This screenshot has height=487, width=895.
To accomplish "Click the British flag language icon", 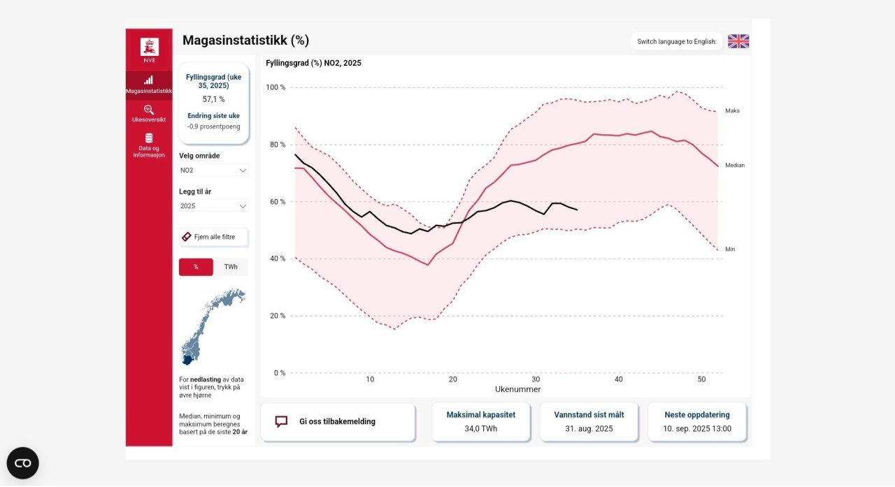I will (738, 41).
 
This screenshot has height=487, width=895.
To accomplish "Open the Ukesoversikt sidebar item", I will (148, 113).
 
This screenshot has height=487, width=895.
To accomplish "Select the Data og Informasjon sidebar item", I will (148, 145).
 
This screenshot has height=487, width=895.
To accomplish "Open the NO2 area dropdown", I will (213, 170).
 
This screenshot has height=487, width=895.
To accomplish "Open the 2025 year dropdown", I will (213, 206).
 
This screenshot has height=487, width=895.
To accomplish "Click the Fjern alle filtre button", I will (213, 237).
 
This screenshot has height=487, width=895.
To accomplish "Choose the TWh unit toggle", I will (230, 267).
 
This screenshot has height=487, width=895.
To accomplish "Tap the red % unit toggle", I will (196, 267).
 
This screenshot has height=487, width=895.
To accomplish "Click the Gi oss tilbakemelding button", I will (337, 421).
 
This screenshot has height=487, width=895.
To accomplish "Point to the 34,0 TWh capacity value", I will (480, 428).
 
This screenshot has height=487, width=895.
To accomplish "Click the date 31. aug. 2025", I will (589, 428).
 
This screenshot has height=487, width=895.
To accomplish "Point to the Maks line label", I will (732, 110).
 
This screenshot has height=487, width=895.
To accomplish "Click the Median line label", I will (734, 166).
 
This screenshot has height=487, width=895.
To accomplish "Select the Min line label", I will (730, 249).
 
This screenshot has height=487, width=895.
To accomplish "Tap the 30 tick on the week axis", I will (536, 379).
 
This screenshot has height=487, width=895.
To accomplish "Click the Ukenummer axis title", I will (517, 389).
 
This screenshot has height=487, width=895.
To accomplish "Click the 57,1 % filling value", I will (213, 99).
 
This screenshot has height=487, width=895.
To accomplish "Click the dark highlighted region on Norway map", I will (187, 359).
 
